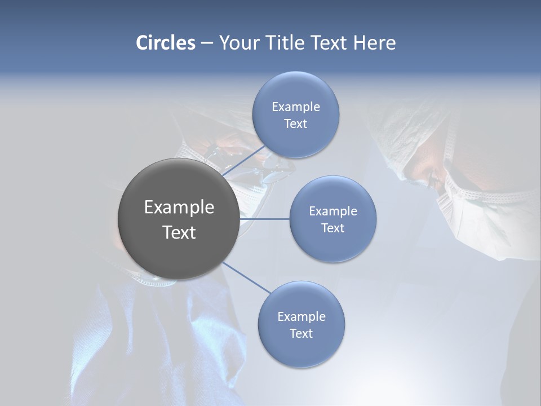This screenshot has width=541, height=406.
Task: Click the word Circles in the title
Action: (x=166, y=43)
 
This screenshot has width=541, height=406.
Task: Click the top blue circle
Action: (x=296, y=90)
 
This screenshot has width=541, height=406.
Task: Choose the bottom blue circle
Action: (x=301, y=350)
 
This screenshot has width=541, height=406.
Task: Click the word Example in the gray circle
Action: (x=179, y=208)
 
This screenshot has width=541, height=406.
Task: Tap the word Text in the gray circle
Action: (x=179, y=232)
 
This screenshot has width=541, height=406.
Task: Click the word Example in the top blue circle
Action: (x=296, y=107)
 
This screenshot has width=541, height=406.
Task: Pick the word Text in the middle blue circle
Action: (x=332, y=228)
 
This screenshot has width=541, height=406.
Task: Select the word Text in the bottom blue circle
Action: (x=301, y=334)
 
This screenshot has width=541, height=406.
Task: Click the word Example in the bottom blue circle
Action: (x=301, y=317)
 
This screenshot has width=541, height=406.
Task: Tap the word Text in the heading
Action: (x=330, y=43)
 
